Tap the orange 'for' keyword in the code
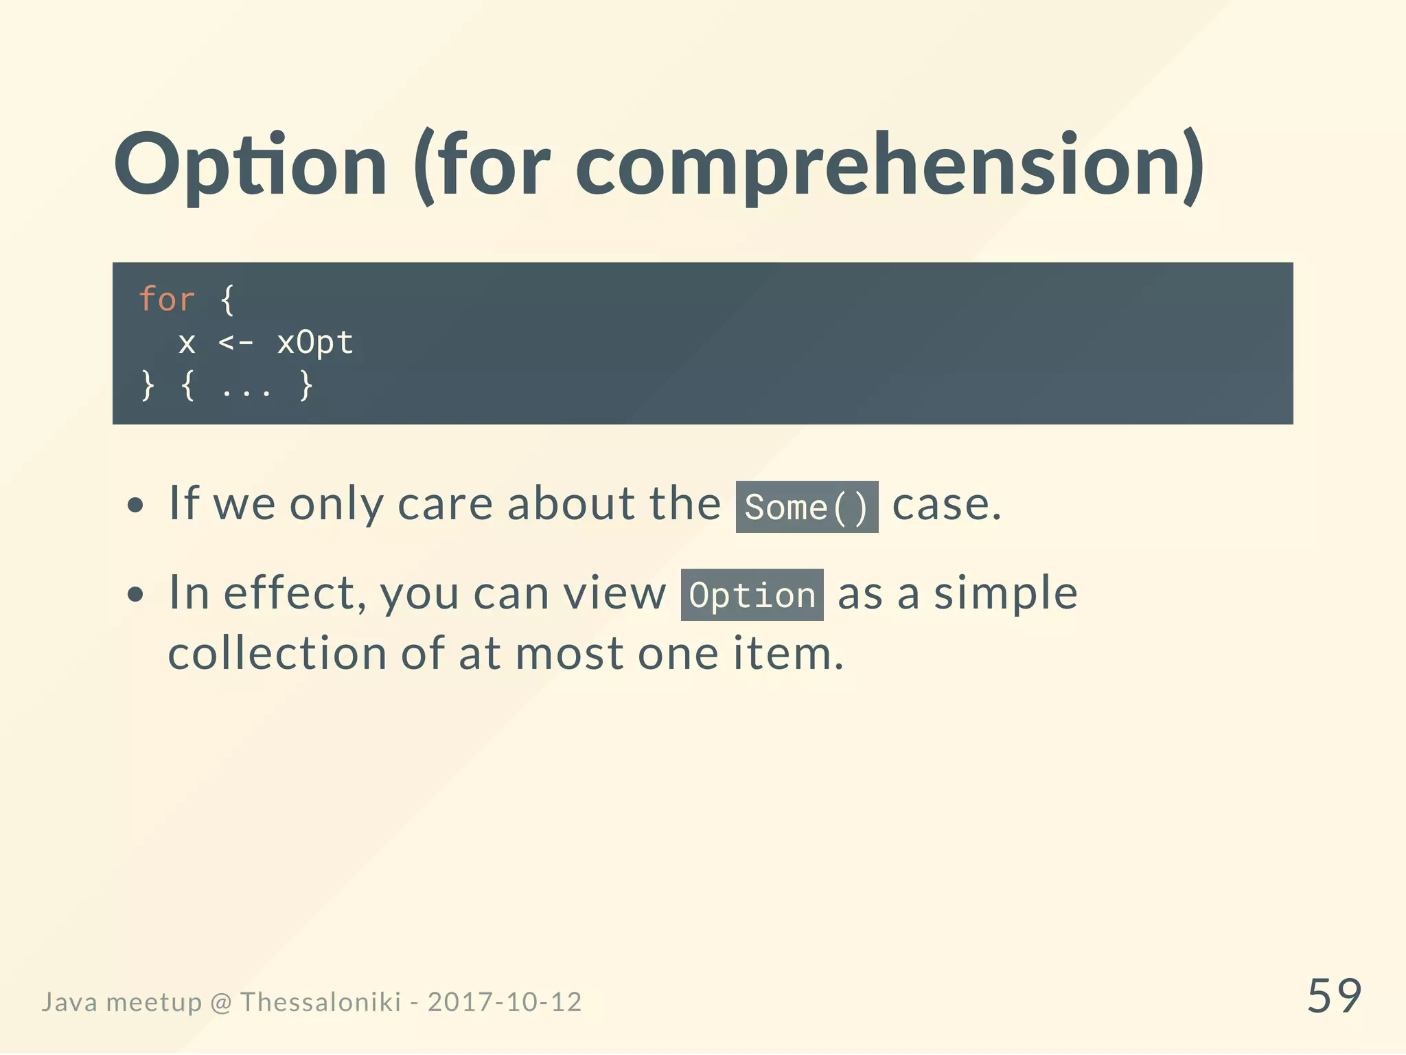167,299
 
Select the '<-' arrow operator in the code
235,342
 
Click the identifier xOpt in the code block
315,342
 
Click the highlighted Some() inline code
807,507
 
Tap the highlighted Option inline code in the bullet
752,595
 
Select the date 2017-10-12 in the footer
505,1002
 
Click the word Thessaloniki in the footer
320,1002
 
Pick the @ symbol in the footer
221,1003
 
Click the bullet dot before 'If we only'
136,506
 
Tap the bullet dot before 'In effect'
136,594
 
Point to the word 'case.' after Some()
947,505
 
